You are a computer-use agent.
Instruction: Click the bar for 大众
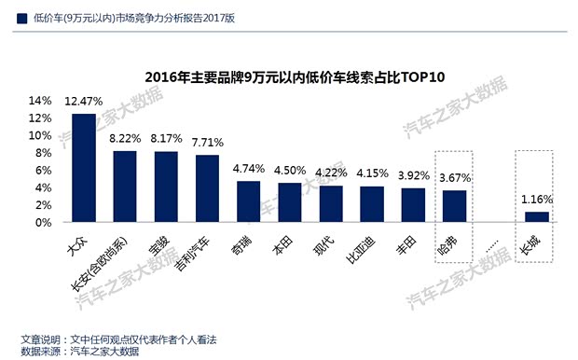click(x=84, y=168)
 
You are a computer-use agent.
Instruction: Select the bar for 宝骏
click(x=166, y=187)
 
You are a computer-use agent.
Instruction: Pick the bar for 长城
click(x=536, y=217)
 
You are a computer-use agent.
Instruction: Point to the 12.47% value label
click(x=84, y=101)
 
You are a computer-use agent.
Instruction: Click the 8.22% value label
click(x=125, y=138)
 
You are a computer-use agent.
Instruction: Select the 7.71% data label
click(x=207, y=143)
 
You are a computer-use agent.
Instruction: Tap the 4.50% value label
click(x=289, y=170)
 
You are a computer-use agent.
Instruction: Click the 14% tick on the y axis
click(x=40, y=100)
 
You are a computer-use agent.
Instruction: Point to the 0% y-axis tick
click(x=44, y=223)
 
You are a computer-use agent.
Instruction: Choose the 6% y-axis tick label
click(x=44, y=170)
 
